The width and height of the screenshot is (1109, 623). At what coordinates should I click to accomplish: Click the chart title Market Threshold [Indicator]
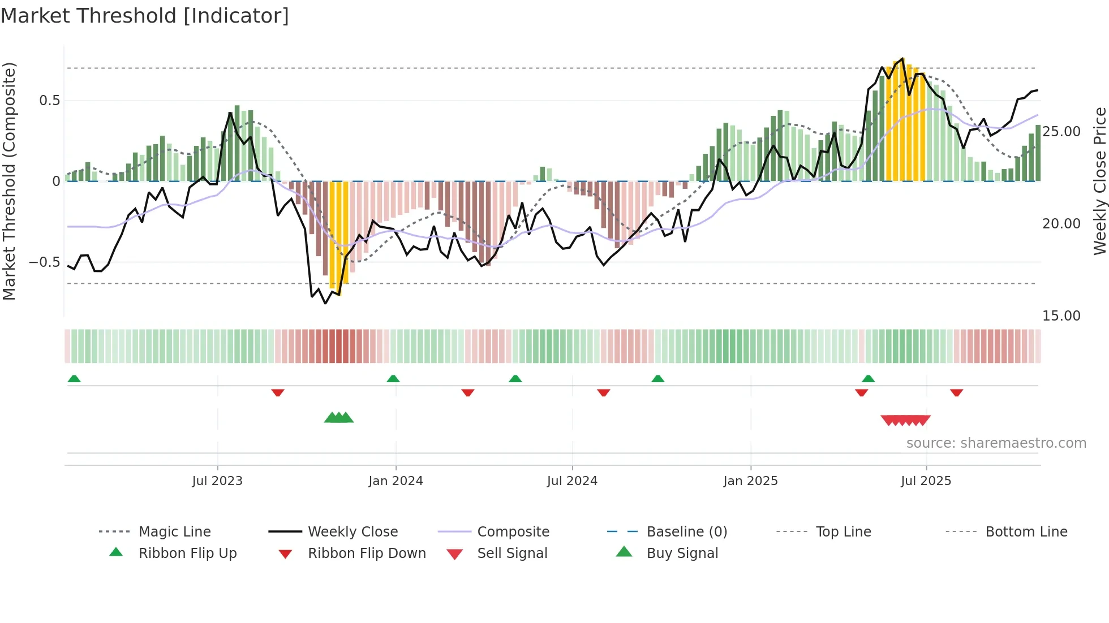(145, 16)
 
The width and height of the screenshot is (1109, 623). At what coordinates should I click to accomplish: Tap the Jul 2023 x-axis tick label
(217, 481)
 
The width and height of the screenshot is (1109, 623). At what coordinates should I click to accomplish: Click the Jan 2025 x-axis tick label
(750, 481)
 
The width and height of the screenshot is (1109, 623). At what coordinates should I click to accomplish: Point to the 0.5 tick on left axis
(49, 101)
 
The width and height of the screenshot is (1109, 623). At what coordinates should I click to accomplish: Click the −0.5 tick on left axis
(44, 262)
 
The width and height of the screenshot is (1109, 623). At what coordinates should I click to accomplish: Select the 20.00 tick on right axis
(1061, 224)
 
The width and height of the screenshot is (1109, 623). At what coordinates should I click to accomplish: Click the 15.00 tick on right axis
(1061, 316)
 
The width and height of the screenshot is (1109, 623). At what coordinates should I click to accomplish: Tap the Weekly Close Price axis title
(1099, 181)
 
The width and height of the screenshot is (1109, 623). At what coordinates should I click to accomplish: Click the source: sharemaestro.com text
(996, 443)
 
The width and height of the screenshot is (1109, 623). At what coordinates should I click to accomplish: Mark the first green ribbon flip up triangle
(74, 379)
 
